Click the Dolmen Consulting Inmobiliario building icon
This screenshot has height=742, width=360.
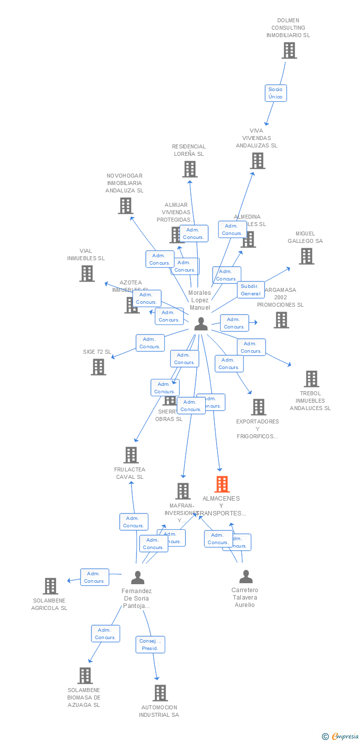pyautogui.click(x=289, y=50)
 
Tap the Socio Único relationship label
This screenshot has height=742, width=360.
pyautogui.click(x=275, y=93)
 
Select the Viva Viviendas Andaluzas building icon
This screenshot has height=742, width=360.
pyautogui.click(x=257, y=161)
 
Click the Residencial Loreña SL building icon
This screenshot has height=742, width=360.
pyautogui.click(x=189, y=169)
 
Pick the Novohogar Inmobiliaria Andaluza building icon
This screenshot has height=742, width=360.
pyautogui.click(x=126, y=206)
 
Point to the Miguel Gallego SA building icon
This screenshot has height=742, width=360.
pyautogui.click(x=307, y=256)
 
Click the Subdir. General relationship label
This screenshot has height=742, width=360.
pyautogui.click(x=251, y=290)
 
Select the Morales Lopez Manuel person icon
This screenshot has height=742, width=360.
pyautogui.click(x=201, y=324)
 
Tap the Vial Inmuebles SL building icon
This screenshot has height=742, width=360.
pyautogui.click(x=87, y=274)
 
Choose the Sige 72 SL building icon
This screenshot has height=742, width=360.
pyautogui.click(x=98, y=367)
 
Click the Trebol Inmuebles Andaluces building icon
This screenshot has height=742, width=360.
pyautogui.click(x=311, y=379)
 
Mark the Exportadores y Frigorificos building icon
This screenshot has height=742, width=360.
pyautogui.click(x=258, y=407)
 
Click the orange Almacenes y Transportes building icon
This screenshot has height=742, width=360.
pyautogui.click(x=222, y=484)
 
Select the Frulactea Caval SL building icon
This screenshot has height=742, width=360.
pyautogui.click(x=131, y=455)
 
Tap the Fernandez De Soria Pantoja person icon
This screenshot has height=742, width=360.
pyautogui.click(x=137, y=577)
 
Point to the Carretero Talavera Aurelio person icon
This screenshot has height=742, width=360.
pyautogui.click(x=245, y=577)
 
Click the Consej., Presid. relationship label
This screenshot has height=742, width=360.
pyautogui.click(x=150, y=645)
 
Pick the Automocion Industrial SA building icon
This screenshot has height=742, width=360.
pyautogui.click(x=160, y=693)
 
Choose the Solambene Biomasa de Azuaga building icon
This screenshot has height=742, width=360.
pyautogui.click(x=85, y=676)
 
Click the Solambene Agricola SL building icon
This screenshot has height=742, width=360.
pyautogui.click(x=50, y=586)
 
